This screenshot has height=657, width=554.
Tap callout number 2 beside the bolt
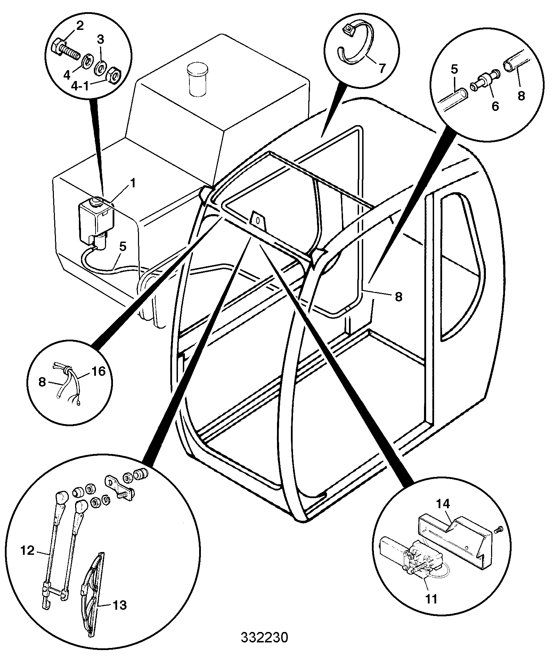coord(80,26)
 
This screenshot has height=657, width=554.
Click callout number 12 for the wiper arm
coord(28,551)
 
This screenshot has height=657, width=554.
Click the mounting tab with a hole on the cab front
coord(258,221)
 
